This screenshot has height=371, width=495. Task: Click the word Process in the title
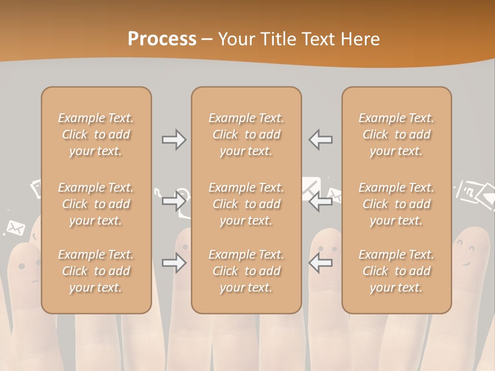click(x=162, y=39)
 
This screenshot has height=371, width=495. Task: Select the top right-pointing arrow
click(x=174, y=140)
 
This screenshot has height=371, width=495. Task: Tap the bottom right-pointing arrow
click(x=174, y=263)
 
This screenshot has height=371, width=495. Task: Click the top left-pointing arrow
click(x=321, y=140)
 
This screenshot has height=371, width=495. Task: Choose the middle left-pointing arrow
click(x=321, y=203)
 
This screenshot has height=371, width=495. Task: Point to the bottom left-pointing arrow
click(x=321, y=263)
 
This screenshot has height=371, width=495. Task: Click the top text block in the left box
click(x=96, y=134)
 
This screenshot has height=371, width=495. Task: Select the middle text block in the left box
click(x=96, y=204)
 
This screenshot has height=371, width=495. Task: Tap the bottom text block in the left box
click(x=96, y=271)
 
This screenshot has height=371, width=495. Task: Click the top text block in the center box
click(x=246, y=134)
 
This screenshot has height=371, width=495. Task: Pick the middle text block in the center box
click(x=246, y=204)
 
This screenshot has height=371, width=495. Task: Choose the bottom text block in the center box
click(x=246, y=271)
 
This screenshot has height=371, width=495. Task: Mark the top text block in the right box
click(x=397, y=134)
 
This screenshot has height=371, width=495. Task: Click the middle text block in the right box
click(x=397, y=204)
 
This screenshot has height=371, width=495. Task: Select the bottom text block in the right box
click(x=397, y=271)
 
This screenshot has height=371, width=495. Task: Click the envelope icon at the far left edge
click(x=15, y=227)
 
